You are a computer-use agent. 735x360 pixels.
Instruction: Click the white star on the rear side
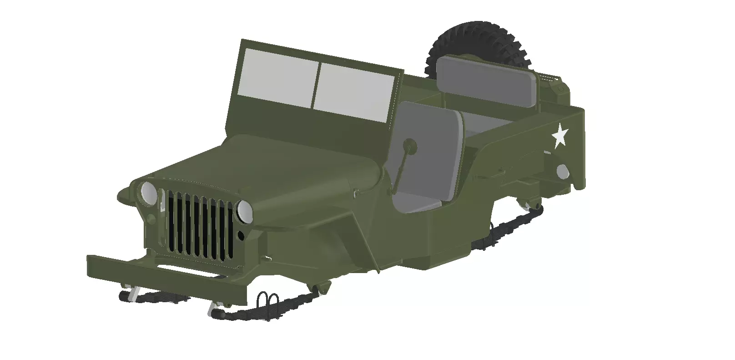tap(559, 136)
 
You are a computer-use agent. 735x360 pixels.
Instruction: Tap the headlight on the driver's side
tap(244, 212)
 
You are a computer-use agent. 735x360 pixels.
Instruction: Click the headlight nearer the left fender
tap(148, 193)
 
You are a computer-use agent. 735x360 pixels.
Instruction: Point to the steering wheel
tap(410, 145)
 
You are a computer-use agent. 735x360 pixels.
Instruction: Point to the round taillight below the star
tap(562, 171)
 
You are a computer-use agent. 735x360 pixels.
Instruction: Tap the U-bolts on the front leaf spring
tap(267, 301)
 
